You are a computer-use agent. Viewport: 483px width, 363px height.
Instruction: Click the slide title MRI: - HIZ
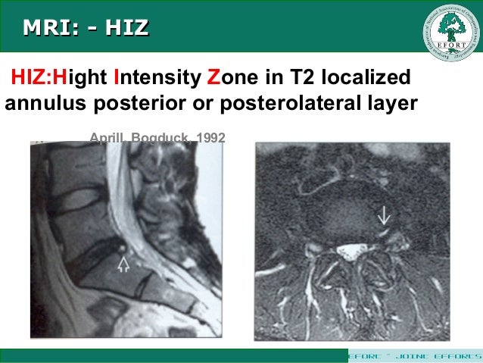[x=86, y=29]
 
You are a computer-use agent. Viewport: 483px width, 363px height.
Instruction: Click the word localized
[x=366, y=78]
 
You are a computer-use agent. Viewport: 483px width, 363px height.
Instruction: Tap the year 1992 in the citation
[x=210, y=138]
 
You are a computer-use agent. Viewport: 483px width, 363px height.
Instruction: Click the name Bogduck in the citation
[x=161, y=138]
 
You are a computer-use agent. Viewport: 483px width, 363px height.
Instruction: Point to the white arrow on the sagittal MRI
[x=123, y=264]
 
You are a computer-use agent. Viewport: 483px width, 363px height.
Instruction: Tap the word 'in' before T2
[x=273, y=78]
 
